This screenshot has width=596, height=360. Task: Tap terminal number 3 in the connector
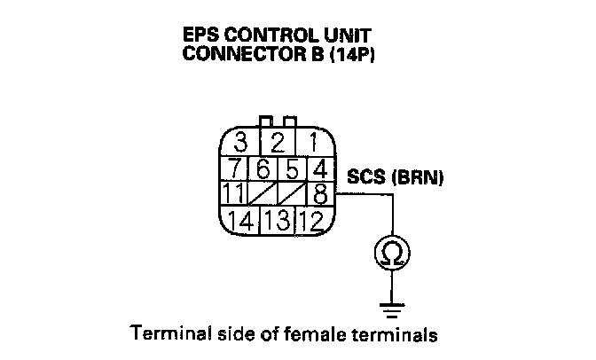click(239, 141)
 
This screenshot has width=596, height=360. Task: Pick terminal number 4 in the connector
click(321, 168)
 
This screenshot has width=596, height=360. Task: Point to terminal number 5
click(294, 168)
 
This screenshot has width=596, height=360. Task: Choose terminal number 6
click(263, 168)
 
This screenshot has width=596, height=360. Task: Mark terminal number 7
click(234, 168)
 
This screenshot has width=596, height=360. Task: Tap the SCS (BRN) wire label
click(396, 177)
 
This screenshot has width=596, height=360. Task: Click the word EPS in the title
click(201, 36)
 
